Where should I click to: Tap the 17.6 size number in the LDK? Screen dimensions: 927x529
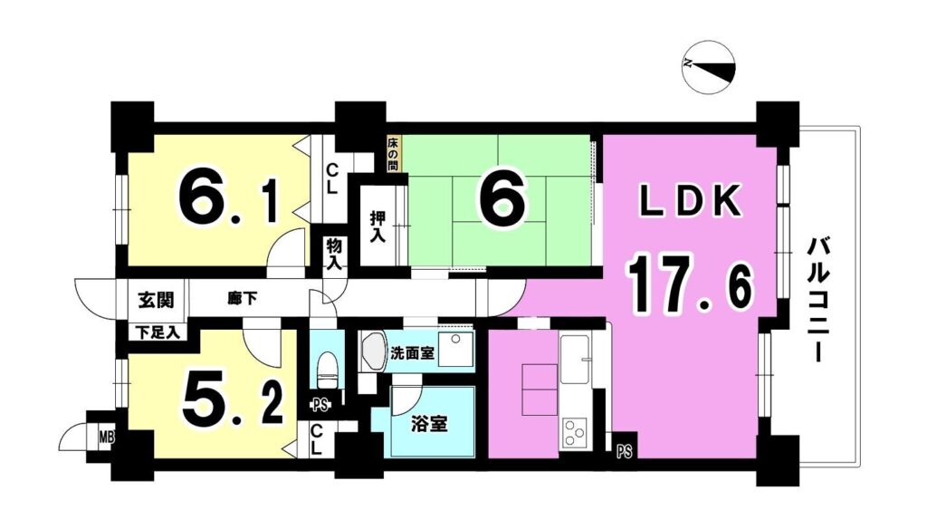(690, 288)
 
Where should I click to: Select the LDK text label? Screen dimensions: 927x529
(691, 200)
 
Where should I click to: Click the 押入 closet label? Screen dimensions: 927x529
(377, 227)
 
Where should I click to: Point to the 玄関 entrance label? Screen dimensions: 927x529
(156, 301)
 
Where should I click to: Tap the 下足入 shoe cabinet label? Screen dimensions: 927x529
(158, 333)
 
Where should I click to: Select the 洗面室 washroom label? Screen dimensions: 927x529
(412, 354)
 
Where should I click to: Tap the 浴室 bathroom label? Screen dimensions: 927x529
(428, 424)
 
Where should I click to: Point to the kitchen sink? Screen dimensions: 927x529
(575, 360)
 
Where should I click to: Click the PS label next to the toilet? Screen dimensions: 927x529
(320, 406)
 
